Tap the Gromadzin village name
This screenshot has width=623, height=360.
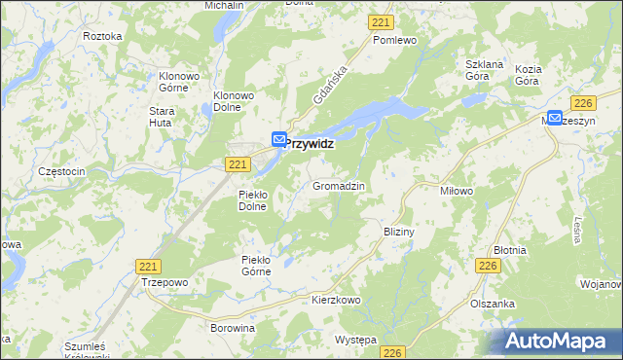coord(339,185)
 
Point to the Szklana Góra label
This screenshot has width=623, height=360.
coord(483,70)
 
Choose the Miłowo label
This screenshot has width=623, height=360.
coord(457,191)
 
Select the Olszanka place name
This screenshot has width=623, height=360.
coord(493,304)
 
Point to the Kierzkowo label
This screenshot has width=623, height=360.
coord(336,300)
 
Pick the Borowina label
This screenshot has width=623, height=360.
coord(233,329)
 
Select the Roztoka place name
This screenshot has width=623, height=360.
coord(103,36)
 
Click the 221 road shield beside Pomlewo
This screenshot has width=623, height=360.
coord(382,21)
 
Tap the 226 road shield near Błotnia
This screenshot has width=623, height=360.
coord(489,265)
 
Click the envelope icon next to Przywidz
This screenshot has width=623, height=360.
coord(279,140)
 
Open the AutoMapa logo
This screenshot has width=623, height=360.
coord(558,341)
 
